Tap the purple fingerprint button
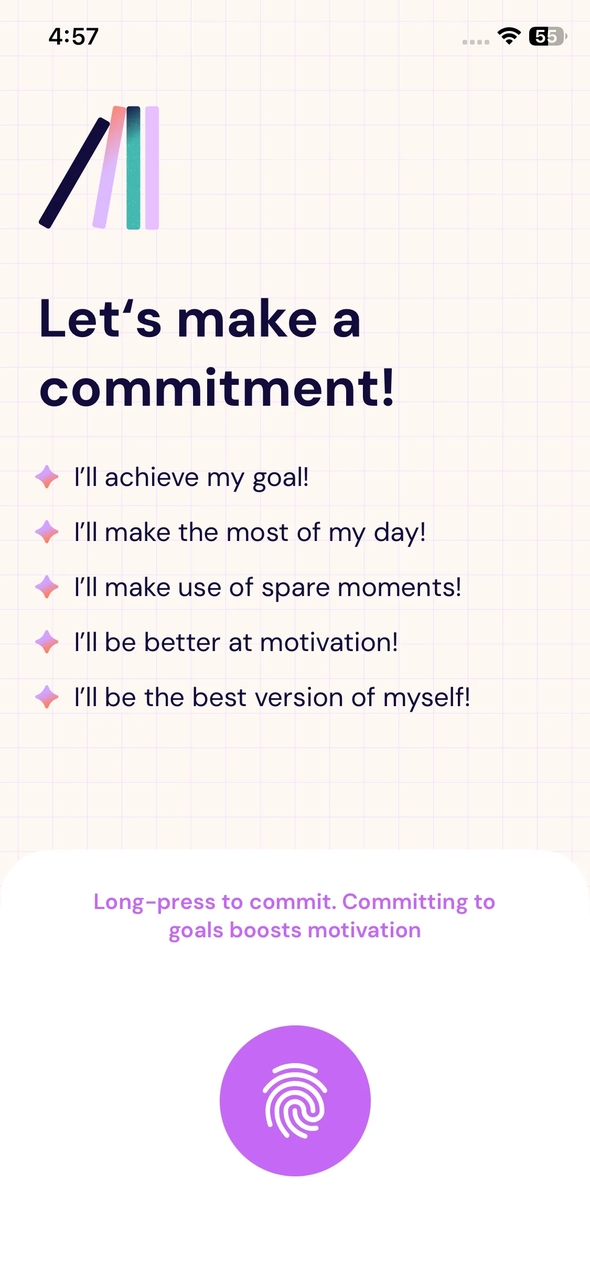pyautogui.click(x=295, y=1100)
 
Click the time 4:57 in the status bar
pyautogui.click(x=73, y=37)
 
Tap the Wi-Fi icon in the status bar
pyautogui.click(x=509, y=36)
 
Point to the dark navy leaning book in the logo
pyautogui.click(x=74, y=173)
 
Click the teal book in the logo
pyautogui.click(x=133, y=168)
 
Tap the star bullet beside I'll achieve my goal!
pyautogui.click(x=47, y=477)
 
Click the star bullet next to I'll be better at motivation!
pyautogui.click(x=47, y=642)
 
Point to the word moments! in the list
pyautogui.click(x=400, y=587)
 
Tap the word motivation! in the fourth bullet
pyautogui.click(x=329, y=642)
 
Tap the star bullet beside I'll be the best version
pyautogui.click(x=47, y=697)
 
